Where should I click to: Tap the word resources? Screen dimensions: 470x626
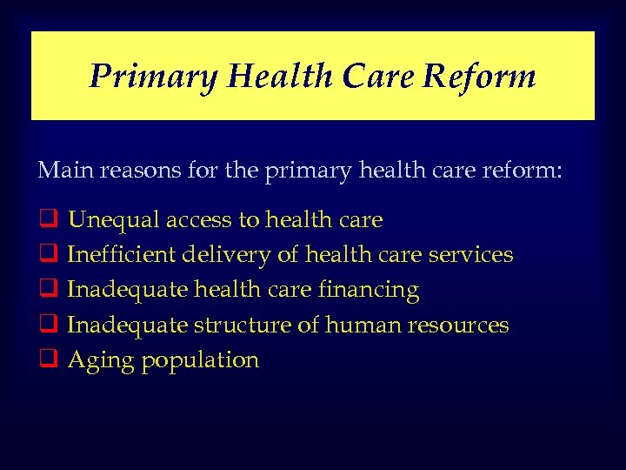458,325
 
